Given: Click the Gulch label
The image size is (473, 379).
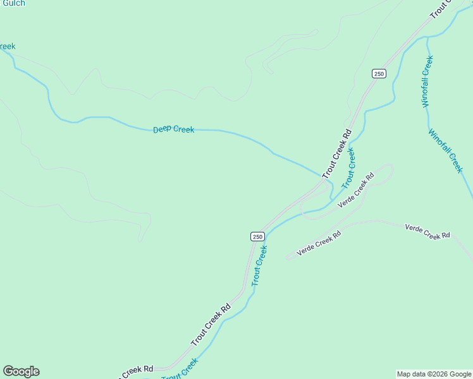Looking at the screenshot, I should pyautogui.click(x=13, y=3).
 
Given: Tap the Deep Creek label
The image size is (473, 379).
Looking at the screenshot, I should pyautogui.click(x=174, y=129).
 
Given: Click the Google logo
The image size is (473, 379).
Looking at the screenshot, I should pyautogui.click(x=21, y=371).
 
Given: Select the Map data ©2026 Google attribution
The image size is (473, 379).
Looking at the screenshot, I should pyautogui.click(x=434, y=374).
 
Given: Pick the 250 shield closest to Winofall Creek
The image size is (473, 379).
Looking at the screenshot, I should pyautogui.click(x=379, y=74).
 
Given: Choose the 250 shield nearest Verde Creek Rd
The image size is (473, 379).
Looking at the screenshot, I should pyautogui.click(x=257, y=236).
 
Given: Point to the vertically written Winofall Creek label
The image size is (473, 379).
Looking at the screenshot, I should pyautogui.click(x=427, y=81).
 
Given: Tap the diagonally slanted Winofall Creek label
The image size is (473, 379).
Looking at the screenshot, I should pyautogui.click(x=446, y=151).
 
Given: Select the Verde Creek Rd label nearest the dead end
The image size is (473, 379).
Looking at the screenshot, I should pyautogui.click(x=319, y=243).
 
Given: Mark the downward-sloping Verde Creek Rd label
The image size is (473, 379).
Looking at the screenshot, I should pyautogui.click(x=427, y=231).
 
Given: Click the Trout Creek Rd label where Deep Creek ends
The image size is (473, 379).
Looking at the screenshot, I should pyautogui.click(x=336, y=154).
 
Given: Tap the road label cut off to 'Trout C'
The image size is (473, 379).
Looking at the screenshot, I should pyautogui.click(x=441, y=8).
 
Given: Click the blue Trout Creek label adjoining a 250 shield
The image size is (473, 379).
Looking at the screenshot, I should pyautogui.click(x=260, y=266).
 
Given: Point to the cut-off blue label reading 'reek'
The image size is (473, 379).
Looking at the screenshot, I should pyautogui.click(x=7, y=46).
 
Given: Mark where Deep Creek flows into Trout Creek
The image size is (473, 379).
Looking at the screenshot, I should pyautogui.click(x=330, y=184).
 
